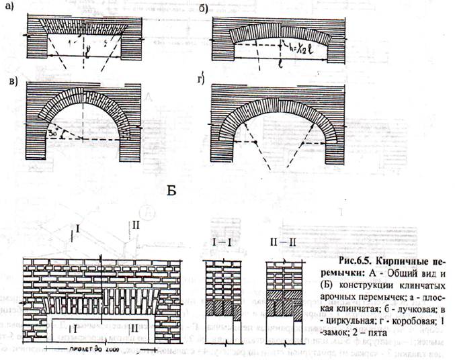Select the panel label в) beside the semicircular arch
click(13, 81)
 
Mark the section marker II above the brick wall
click(136, 224)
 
